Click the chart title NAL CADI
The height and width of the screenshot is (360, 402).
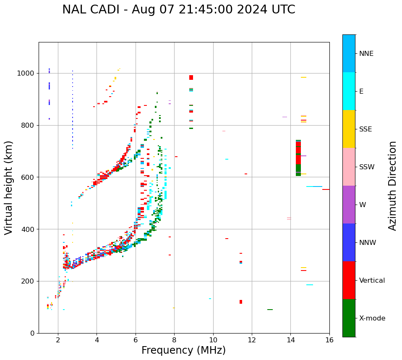pyautogui.click(x=178, y=10)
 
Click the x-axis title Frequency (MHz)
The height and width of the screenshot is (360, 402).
pyautogui.click(x=183, y=350)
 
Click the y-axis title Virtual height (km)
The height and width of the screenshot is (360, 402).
pyautogui.click(x=9, y=187)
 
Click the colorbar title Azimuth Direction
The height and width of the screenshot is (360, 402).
pyautogui.click(x=392, y=186)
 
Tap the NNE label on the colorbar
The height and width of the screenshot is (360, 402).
pyautogui.click(x=366, y=54)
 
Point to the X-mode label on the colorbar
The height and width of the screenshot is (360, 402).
pyautogui.click(x=372, y=318)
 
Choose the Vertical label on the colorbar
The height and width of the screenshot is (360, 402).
pyautogui.click(x=372, y=280)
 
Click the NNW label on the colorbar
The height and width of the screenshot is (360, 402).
pyautogui.click(x=367, y=242)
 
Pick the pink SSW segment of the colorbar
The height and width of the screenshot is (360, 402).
pyautogui.click(x=349, y=167)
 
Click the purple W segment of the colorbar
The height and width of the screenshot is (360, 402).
pyautogui.click(x=349, y=205)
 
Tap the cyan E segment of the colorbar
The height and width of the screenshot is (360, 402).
pyautogui.click(x=349, y=91)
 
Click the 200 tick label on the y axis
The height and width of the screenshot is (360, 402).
pyautogui.click(x=29, y=281)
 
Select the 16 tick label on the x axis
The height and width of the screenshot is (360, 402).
pyautogui.click(x=329, y=340)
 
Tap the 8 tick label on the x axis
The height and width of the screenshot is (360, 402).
pyautogui.click(x=174, y=340)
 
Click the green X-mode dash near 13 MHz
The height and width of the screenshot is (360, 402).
pyautogui.click(x=270, y=310)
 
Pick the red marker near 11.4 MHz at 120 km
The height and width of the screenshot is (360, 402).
pyautogui.click(x=241, y=302)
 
